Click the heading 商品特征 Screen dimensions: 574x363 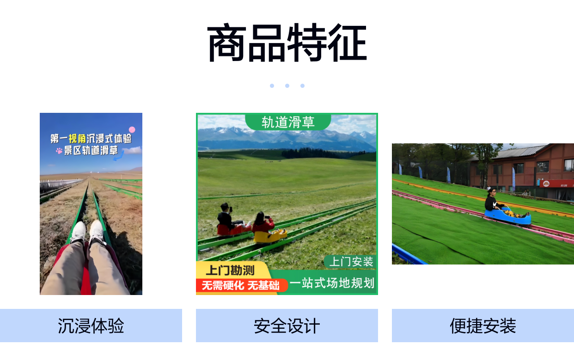287,43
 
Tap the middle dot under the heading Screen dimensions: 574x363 287,86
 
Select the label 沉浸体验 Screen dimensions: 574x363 91,326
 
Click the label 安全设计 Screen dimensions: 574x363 287,326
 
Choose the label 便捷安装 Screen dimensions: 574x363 483,326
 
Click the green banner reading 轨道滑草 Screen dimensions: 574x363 288,122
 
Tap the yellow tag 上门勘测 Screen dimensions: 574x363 230,270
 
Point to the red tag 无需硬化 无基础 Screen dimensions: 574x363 241,285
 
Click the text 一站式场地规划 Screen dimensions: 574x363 332,283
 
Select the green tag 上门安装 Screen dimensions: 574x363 351,262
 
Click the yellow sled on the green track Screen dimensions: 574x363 270,236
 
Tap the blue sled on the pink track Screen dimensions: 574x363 507,216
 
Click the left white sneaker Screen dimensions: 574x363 79,233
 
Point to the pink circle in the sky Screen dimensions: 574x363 132,129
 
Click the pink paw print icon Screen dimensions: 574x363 59,150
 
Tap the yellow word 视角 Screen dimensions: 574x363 77,139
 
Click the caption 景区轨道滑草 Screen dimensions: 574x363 91,150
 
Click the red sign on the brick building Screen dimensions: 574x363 556,184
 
